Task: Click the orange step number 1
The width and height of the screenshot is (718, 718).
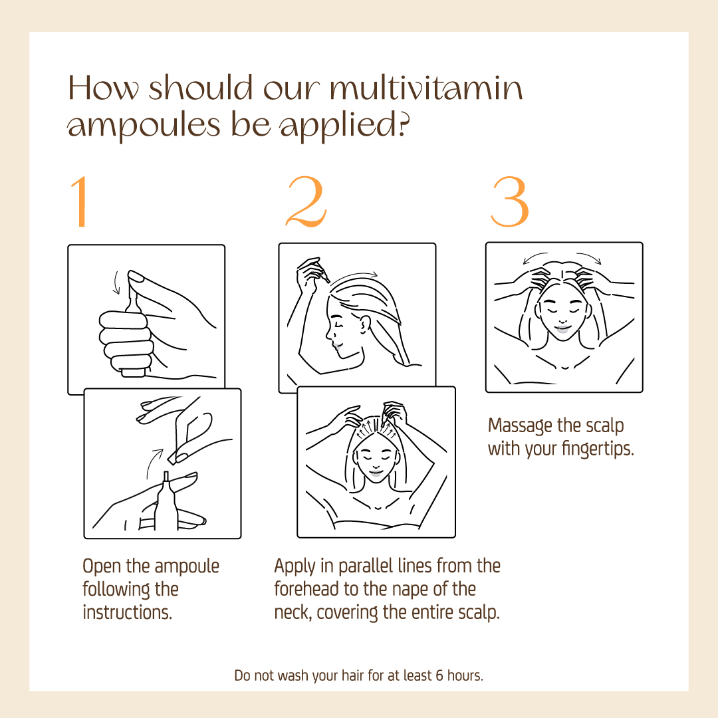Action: (x=81, y=201)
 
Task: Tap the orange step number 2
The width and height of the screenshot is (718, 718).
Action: (x=306, y=201)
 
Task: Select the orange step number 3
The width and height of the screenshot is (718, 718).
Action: (x=510, y=201)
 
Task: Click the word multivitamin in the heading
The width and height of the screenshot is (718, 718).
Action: (x=426, y=88)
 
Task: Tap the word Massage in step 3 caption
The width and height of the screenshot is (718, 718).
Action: (x=520, y=426)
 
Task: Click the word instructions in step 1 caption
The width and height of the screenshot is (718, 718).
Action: (x=127, y=612)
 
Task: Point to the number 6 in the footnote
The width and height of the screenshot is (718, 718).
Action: (x=439, y=675)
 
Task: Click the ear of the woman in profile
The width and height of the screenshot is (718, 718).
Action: (x=364, y=324)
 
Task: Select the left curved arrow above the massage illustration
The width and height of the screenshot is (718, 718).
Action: (x=535, y=257)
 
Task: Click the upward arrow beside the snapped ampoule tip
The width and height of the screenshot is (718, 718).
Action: (x=154, y=463)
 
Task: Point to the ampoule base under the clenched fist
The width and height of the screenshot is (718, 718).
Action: (x=133, y=372)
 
